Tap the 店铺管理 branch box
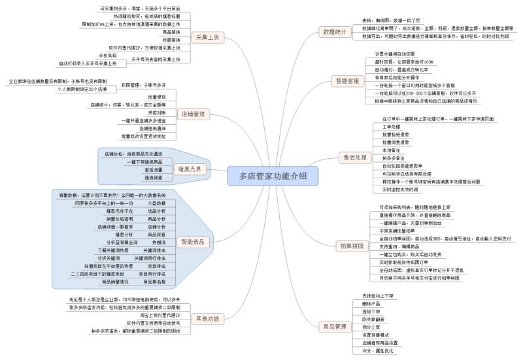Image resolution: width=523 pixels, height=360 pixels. point(192,114)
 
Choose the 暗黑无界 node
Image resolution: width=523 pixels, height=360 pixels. point(190,169)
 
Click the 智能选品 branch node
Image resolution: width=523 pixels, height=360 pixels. point(192,241)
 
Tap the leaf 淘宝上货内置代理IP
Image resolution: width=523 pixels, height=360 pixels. point(160,315)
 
